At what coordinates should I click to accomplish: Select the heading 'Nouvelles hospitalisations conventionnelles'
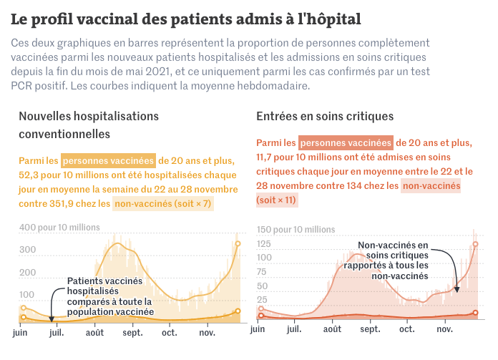[89, 125]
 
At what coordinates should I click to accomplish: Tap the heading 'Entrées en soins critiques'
[325, 116]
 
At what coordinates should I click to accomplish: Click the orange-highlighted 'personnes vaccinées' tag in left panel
[108, 160]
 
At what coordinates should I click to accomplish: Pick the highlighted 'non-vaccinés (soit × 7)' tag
[164, 204]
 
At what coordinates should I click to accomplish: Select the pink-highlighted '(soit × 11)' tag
[276, 200]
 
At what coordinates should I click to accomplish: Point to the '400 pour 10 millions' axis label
[59, 228]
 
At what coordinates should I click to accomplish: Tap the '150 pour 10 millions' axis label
[296, 230]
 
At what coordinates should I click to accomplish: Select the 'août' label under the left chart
[94, 333]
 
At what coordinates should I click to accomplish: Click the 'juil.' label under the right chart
[295, 329]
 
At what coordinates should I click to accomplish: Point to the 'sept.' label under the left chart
[132, 333]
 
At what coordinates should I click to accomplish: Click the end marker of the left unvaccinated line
[238, 244]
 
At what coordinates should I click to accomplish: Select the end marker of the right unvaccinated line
[475, 245]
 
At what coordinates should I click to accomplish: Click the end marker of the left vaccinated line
[238, 311]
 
